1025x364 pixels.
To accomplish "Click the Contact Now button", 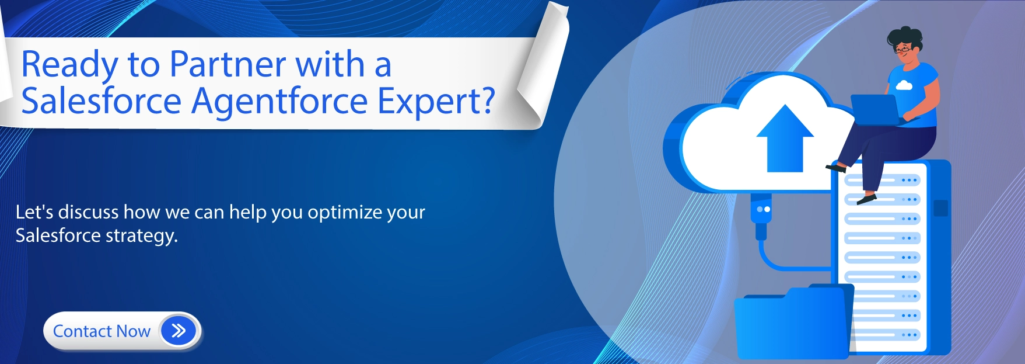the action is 123,331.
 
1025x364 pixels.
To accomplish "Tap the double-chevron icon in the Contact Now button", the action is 179,331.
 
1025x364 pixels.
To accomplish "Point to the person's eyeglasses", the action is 903,50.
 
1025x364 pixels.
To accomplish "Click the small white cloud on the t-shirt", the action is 904,85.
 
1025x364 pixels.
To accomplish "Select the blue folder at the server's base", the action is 792,321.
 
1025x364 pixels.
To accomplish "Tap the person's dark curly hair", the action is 905,36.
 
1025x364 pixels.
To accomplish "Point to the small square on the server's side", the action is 940,208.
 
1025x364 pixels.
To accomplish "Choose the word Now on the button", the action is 134,331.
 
